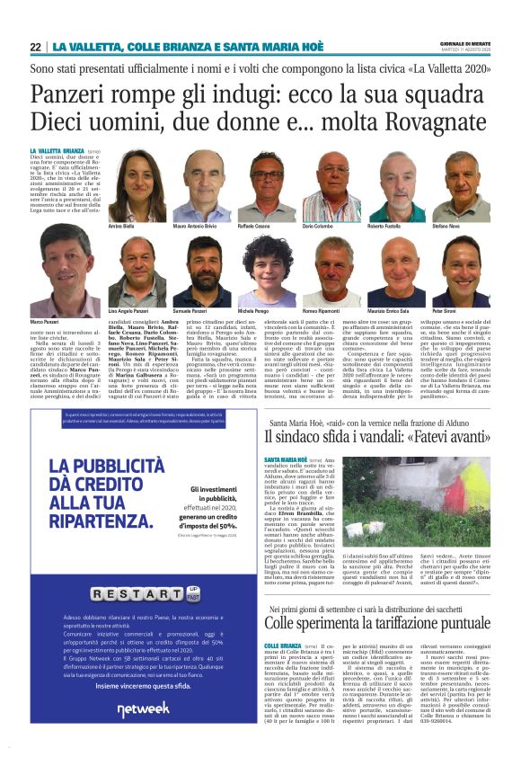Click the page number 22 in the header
point(36,47)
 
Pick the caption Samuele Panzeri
point(191,310)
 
